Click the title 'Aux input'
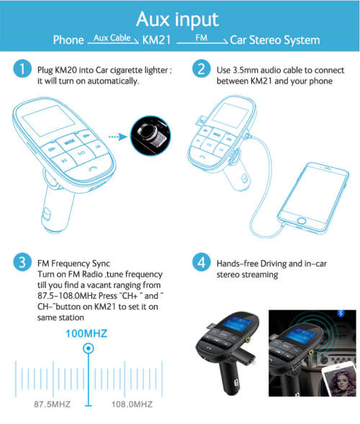point(179,17)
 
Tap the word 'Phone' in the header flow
point(68,40)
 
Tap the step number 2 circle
point(201,70)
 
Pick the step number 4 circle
point(201,262)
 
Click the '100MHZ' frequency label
point(88,333)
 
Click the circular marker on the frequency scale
point(88,349)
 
